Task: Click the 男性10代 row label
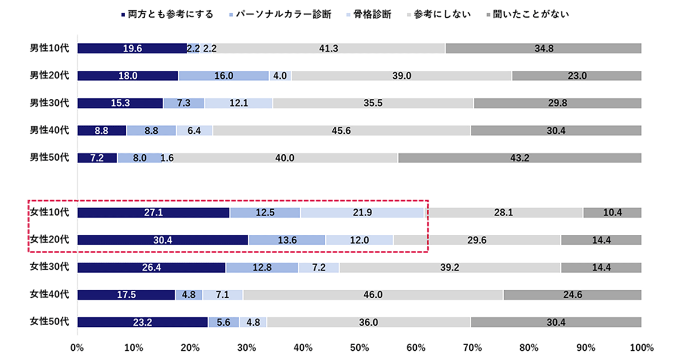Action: coord(49,49)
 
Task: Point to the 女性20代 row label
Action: coord(49,239)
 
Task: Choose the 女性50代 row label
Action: coord(49,322)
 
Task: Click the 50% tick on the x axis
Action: coord(359,347)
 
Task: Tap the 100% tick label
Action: coord(641,347)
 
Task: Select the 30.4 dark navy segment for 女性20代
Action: coord(163,240)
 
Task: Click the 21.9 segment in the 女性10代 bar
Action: coord(362,213)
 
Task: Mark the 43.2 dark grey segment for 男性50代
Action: coord(519,158)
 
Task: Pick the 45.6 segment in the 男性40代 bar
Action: coord(341,130)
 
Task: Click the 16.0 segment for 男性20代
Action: coord(224,75)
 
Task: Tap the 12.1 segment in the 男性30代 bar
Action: coord(238,103)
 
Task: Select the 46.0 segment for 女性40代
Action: coord(373,295)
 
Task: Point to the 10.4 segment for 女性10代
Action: coord(612,213)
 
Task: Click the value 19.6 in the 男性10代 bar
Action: coord(133,49)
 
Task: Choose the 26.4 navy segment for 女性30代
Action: coord(151,267)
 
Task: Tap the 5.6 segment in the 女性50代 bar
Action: coord(224,322)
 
